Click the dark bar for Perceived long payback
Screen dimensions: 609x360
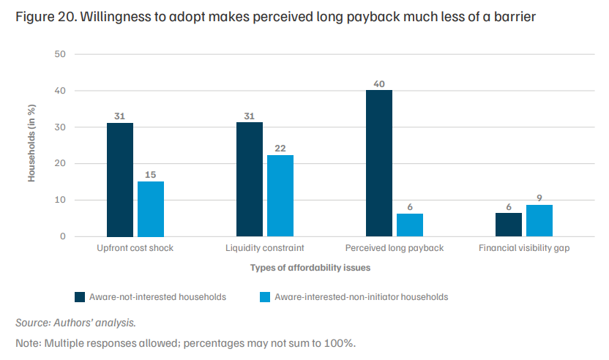click(379, 163)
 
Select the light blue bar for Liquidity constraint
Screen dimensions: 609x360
click(280, 195)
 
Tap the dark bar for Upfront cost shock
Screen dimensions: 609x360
click(120, 180)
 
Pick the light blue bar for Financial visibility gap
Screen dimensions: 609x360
click(539, 220)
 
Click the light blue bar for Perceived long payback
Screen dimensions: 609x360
click(410, 225)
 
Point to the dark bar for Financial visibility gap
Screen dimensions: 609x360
click(509, 225)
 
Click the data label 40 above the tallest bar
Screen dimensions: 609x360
click(379, 84)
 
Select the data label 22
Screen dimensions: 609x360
click(280, 149)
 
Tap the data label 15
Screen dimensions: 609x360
click(151, 175)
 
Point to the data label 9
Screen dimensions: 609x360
click(539, 198)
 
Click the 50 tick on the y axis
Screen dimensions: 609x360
click(60, 54)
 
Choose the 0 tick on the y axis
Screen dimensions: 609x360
click(63, 236)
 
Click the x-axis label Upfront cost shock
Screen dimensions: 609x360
click(135, 248)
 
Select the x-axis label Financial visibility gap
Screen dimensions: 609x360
click(524, 248)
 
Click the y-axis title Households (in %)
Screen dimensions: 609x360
click(31, 143)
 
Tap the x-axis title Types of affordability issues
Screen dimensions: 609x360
click(310, 268)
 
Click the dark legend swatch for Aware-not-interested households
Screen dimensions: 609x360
click(80, 297)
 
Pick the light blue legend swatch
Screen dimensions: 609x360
click(265, 297)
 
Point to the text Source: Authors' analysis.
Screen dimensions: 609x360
click(75, 323)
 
